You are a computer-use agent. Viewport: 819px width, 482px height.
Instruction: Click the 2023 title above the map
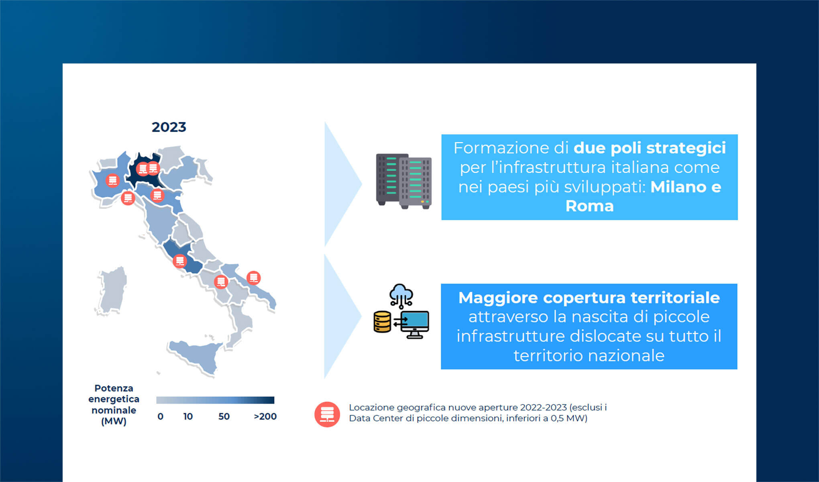tap(169, 127)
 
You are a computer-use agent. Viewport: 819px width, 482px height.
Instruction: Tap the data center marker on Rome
tap(179, 261)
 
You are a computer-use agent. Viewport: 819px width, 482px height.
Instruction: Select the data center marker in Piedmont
tap(112, 180)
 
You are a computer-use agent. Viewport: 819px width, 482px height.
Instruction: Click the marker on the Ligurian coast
tap(128, 198)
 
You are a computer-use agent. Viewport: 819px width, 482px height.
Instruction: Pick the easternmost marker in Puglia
tap(253, 278)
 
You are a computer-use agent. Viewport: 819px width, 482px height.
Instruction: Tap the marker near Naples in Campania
tap(221, 282)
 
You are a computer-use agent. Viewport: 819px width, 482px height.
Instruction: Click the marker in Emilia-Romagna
tap(157, 195)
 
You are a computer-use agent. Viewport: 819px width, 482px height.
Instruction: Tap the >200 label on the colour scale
tap(265, 417)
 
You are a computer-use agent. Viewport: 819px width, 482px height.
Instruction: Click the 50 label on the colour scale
tap(224, 417)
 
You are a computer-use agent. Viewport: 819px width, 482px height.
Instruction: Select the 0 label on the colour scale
tap(160, 417)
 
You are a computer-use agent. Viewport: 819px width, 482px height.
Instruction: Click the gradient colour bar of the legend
tap(215, 400)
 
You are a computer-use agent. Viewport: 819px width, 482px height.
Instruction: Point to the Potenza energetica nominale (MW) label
tap(114, 404)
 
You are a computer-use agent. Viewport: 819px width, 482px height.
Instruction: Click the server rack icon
tap(403, 181)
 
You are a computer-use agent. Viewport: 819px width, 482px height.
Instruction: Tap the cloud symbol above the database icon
tap(401, 293)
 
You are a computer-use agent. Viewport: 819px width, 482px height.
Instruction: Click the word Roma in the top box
tap(589, 206)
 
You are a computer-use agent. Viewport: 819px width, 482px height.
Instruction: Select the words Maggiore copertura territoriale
tap(589, 298)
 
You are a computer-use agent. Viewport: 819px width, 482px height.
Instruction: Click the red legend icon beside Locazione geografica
tap(327, 414)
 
